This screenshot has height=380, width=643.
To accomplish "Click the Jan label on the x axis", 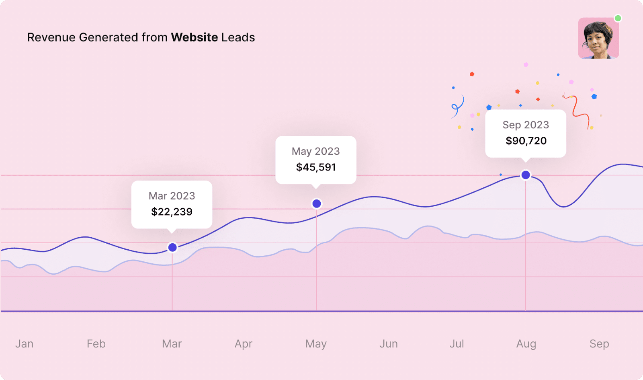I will click(x=25, y=344).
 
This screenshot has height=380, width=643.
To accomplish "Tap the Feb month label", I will click(x=96, y=344).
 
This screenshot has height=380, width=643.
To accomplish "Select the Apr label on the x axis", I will click(x=244, y=344).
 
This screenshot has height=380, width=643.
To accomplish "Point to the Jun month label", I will click(x=389, y=344).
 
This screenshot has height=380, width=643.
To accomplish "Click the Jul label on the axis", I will click(x=457, y=344).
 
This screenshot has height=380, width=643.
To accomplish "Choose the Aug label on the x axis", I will click(x=526, y=344).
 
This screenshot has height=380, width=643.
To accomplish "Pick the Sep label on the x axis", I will click(x=599, y=344).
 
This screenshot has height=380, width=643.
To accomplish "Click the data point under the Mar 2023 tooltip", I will click(x=172, y=247).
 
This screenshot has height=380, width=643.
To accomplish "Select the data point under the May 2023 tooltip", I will click(x=317, y=204).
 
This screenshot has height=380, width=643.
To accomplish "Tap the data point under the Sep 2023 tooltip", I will click(x=526, y=175).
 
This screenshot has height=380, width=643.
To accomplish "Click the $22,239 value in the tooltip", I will click(x=172, y=212).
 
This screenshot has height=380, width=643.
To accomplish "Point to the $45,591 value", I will click(x=316, y=167).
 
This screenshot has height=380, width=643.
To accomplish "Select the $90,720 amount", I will click(x=526, y=141).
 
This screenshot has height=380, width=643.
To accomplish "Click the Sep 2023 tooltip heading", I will click(x=526, y=125).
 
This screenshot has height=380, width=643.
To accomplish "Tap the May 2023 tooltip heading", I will click(x=316, y=152).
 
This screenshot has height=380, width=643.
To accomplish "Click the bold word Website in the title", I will click(x=195, y=37).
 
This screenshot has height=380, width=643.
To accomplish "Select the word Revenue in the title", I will click(x=51, y=37).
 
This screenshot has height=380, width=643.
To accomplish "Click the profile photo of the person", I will click(x=598, y=39).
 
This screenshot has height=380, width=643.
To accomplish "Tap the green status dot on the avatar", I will click(x=618, y=18).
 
